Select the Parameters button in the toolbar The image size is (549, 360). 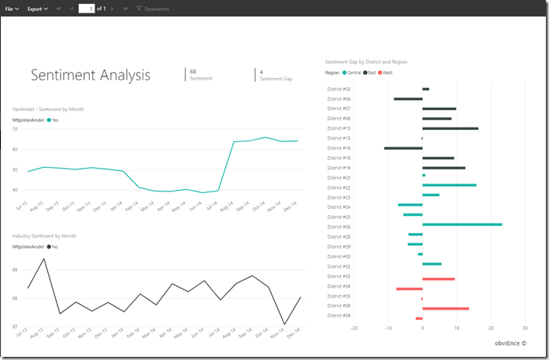click(153, 9)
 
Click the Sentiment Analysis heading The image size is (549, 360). click(90, 75)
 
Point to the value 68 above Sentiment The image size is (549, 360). click(193, 72)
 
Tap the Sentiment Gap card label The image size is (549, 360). click(276, 79)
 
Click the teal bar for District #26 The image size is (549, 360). click(462, 225)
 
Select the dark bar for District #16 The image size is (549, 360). click(403, 148)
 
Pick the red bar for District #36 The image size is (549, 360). click(445, 308)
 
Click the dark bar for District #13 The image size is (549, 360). click(450, 128)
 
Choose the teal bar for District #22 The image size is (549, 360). click(449, 185)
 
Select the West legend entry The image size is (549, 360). click(384, 72)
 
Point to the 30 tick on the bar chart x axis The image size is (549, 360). click(525, 328)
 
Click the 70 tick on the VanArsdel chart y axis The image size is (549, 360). click(15, 128)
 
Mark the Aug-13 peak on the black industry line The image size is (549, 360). click(44, 259)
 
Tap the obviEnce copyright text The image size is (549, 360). click(510, 343)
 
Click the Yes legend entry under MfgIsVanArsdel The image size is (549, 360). click(54, 120)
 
